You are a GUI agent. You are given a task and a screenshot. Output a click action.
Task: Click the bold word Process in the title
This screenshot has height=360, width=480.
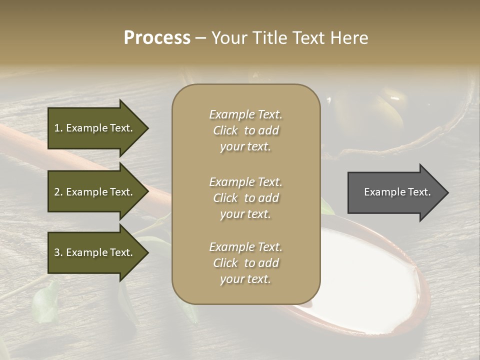coord(157,38)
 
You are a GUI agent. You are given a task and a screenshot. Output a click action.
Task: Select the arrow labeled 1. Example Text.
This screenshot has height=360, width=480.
coord(95,128)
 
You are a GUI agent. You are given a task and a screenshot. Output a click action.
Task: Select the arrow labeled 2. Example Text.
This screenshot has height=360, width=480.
coord(95,192)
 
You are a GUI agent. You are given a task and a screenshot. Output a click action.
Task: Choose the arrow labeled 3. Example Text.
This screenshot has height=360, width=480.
coord(95,252)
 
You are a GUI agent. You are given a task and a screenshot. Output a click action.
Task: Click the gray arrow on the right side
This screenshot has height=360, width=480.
coord(395,192)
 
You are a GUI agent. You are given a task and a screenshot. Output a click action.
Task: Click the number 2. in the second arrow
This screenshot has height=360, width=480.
coord(58,192)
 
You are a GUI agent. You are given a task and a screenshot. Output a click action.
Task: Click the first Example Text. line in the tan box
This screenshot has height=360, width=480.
coord(245,114)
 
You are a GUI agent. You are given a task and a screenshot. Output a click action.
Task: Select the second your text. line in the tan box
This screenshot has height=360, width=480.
coord(245,214)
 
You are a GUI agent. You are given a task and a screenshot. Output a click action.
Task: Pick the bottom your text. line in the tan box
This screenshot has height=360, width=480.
coord(245,279)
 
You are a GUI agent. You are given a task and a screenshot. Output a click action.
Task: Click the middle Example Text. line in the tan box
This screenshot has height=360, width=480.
coord(245,182)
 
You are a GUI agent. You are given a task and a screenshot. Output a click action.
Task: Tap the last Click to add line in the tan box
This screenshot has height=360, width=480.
coord(245,263)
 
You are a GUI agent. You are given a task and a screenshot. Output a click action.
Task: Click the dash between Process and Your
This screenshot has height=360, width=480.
coord(200,38)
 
